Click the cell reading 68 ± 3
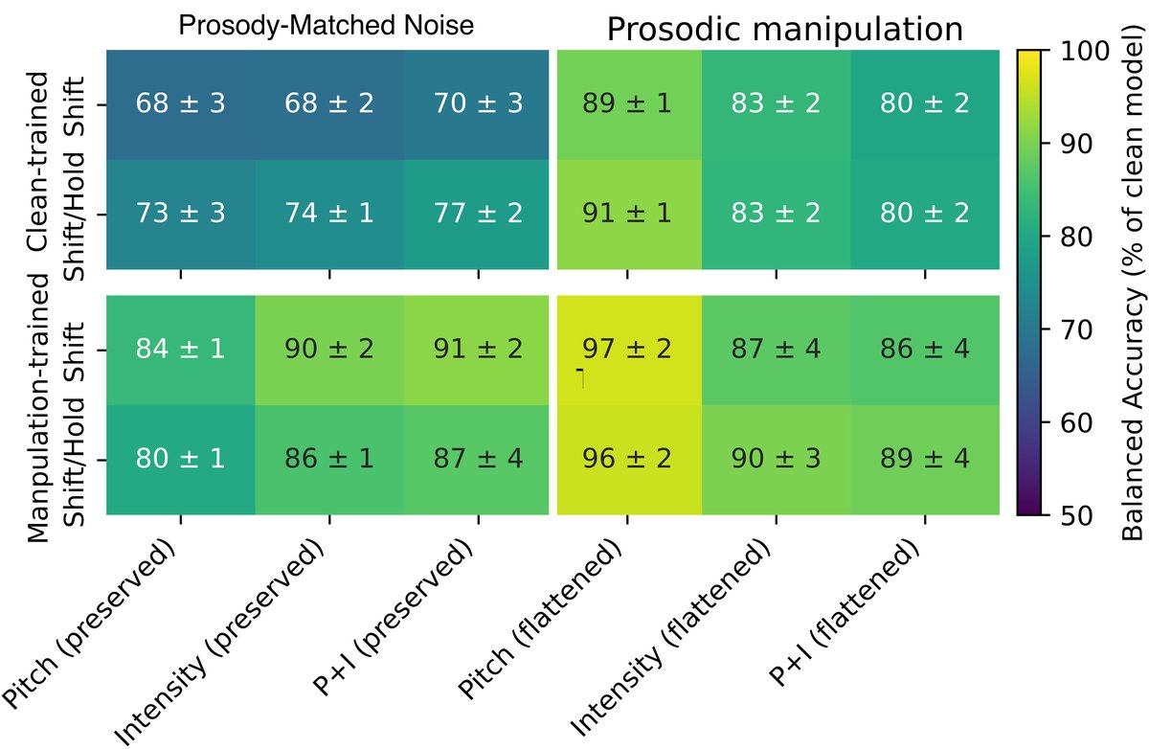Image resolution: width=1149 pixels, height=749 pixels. tap(180, 103)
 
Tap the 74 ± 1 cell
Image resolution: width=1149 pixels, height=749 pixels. tap(328, 213)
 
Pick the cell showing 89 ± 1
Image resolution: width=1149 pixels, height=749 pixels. tap(627, 103)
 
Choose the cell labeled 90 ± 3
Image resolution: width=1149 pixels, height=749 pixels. tap(776, 458)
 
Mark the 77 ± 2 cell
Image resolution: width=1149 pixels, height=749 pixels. tap(477, 213)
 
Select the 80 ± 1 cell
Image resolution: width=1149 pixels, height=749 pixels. tap(180, 458)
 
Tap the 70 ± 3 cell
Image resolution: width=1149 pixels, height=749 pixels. tap(477, 103)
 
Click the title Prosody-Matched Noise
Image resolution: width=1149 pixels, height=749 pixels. tap(326, 26)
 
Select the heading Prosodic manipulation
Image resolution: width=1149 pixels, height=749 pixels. tap(784, 30)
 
